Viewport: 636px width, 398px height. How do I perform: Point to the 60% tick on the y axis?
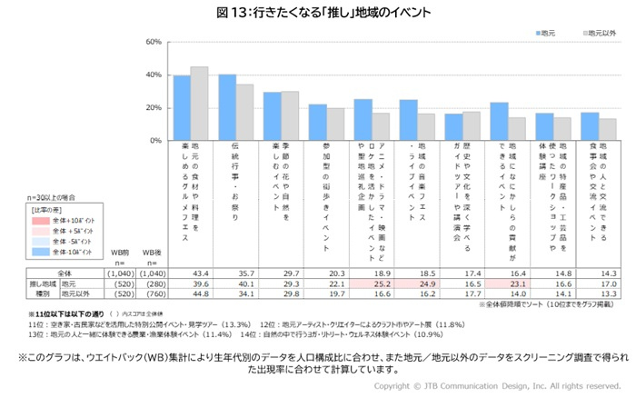coord(153,43)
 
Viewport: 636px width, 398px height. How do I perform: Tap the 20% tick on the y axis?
coord(153,109)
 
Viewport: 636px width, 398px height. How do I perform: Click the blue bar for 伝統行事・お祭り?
coord(227,108)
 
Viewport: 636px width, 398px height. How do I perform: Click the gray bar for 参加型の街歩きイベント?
coord(335,125)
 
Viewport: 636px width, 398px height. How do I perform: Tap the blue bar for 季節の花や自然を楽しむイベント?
coord(272,117)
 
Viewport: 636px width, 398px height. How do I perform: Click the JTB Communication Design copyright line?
coord(495,385)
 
